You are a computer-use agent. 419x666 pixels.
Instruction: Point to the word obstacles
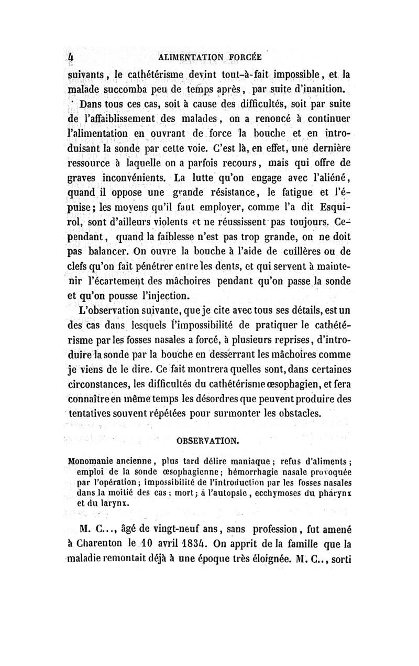[292, 413]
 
